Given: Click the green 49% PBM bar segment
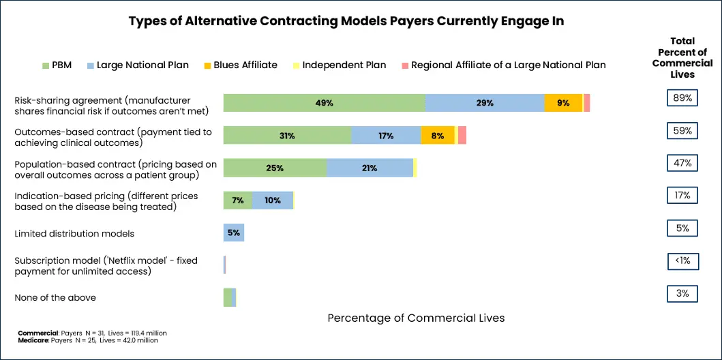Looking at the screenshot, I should (324, 103).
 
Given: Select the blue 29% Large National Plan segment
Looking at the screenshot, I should (485, 103).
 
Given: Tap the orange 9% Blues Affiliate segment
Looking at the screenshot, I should (563, 103).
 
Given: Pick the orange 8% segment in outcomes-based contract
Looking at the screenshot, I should (437, 136).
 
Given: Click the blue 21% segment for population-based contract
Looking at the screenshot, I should (370, 168).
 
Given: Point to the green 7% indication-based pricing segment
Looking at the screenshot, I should (238, 200).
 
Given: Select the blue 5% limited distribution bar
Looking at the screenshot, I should (234, 232).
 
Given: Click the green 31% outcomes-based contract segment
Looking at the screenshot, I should (287, 136).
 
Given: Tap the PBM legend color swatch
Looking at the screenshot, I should (46, 65).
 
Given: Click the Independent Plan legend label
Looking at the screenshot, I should (344, 65).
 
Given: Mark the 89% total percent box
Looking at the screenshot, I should (682, 98).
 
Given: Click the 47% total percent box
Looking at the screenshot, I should (682, 163).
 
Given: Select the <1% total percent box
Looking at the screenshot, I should (682, 260).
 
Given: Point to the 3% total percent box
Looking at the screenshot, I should (682, 294).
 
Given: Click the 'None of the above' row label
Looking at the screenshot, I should (55, 297).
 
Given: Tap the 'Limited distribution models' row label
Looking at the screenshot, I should (74, 233).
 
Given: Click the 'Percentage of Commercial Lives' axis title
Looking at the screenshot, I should (416, 318).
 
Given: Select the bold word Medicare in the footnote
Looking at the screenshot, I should (31, 340).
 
